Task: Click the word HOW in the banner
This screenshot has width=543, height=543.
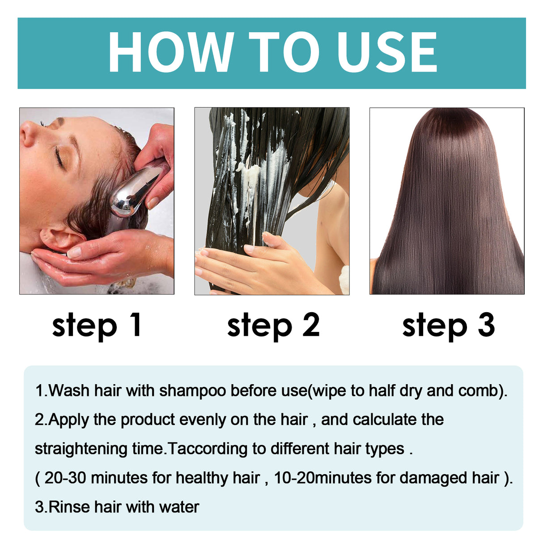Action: click(x=170, y=52)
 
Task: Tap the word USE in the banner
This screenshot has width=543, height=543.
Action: click(x=387, y=52)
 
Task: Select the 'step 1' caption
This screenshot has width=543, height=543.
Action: click(x=97, y=326)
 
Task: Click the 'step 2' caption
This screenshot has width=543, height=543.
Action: click(x=273, y=326)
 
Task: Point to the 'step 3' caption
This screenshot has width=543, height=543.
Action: click(x=448, y=326)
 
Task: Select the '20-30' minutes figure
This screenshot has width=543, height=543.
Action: click(x=65, y=478)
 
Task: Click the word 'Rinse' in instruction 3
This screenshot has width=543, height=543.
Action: click(x=69, y=507)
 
